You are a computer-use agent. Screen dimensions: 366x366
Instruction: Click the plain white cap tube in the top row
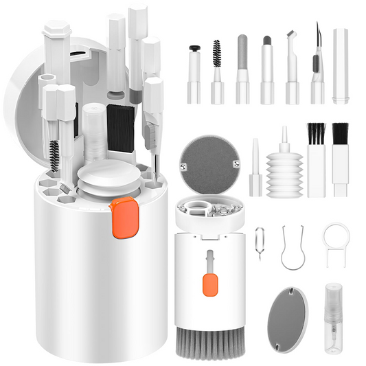(341, 65)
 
